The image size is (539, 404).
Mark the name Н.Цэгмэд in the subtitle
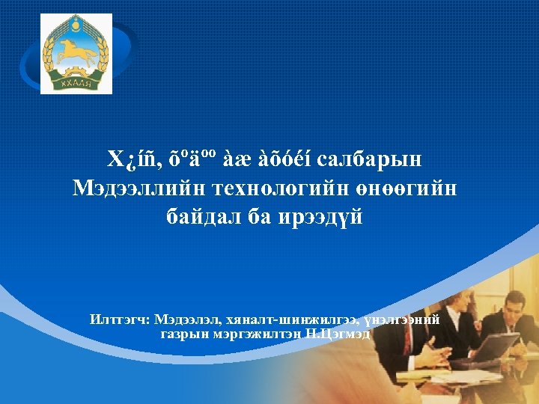[x=338, y=333]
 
